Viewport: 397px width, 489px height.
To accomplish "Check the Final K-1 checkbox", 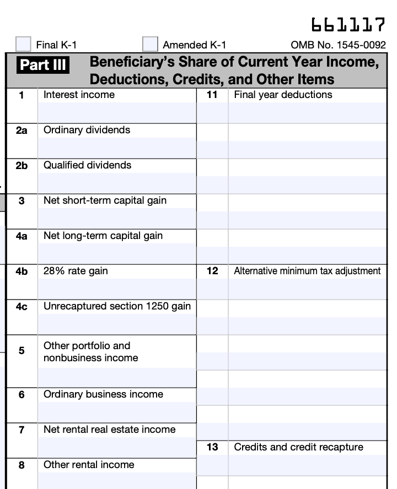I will (23, 44).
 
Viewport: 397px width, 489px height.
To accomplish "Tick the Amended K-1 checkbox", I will (150, 44).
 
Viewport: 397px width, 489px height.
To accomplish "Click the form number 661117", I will (348, 25).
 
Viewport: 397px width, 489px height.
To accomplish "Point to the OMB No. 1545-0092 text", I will (338, 45).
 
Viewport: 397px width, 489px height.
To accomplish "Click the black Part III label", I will (44, 65).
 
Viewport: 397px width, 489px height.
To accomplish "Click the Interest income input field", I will (117, 113).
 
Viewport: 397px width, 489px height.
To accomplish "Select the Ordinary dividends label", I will (87, 130).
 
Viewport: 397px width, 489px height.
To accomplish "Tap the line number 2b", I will (22, 165).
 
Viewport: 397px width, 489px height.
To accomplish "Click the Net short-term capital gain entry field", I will (117, 219).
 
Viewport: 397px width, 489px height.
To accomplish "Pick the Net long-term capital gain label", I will (103, 236).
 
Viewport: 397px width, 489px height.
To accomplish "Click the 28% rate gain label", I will (76, 271).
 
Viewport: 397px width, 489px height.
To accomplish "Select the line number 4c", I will (22, 306).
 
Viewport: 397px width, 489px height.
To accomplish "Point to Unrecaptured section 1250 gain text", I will (117, 306).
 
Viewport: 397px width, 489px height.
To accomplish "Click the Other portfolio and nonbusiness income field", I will (117, 377).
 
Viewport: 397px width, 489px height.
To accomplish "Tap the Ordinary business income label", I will (103, 394).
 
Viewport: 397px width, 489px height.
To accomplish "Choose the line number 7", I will (22, 430).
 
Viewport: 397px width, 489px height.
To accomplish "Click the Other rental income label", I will (89, 465).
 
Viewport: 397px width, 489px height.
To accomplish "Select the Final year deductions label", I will (283, 95).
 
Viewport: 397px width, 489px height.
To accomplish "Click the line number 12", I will (212, 271).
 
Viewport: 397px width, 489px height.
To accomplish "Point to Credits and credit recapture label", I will (298, 447).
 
